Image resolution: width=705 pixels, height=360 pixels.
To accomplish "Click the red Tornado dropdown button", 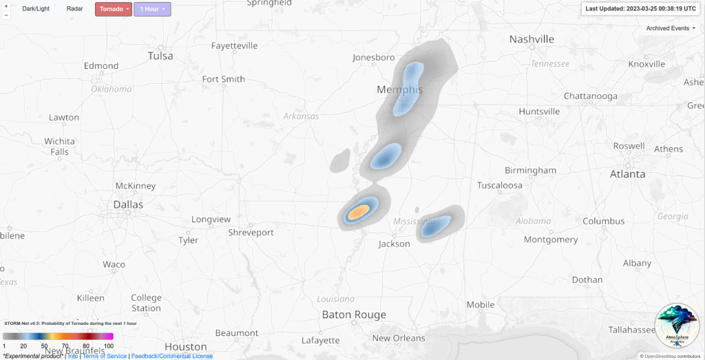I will tap(113, 10).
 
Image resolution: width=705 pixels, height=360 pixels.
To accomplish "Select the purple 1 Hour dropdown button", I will tap(152, 10).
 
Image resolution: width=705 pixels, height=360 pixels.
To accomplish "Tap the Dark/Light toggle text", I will tap(36, 9).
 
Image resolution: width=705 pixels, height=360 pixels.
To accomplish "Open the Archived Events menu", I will tap(671, 28).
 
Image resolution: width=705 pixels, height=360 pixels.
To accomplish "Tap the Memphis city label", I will tap(399, 89).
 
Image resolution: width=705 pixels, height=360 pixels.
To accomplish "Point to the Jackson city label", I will tap(394, 244).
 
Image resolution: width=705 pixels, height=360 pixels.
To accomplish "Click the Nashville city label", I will tap(532, 39).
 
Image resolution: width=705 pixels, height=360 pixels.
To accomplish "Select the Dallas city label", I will tap(128, 204).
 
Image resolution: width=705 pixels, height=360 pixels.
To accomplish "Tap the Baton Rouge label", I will tap(355, 315).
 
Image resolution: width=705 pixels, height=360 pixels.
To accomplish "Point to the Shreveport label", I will tap(251, 233).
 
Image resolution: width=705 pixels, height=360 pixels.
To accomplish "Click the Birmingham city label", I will tap(530, 170).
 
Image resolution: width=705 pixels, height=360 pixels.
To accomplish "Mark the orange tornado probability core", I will tap(357, 211).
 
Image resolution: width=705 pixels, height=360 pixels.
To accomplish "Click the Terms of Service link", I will tap(105, 356).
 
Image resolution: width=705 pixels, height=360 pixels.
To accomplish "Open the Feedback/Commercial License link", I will tap(172, 356).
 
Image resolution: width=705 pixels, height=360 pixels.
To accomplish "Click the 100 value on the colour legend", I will tap(109, 346).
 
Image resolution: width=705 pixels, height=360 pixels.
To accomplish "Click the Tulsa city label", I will tap(160, 56).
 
